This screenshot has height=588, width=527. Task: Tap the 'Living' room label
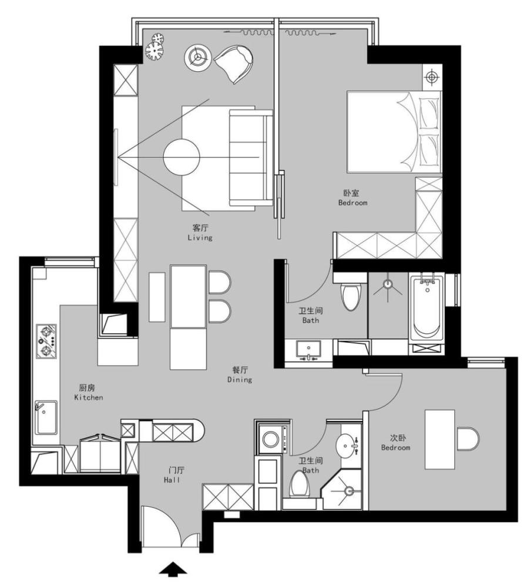tap(200, 238)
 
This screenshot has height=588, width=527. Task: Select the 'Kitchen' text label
tap(89, 397)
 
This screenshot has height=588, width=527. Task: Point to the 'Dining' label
tap(240, 379)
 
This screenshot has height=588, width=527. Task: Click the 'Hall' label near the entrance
tap(172, 480)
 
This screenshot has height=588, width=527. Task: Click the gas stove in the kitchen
tap(46, 341)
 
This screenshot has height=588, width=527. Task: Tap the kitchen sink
tap(46, 417)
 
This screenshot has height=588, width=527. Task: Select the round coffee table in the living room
tap(182, 157)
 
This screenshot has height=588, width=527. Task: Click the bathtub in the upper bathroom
tap(427, 308)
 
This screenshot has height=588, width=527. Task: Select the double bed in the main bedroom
tap(394, 132)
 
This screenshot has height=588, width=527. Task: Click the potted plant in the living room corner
tap(155, 47)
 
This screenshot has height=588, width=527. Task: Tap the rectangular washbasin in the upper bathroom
tap(308, 349)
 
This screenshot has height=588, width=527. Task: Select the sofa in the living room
tap(251, 158)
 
